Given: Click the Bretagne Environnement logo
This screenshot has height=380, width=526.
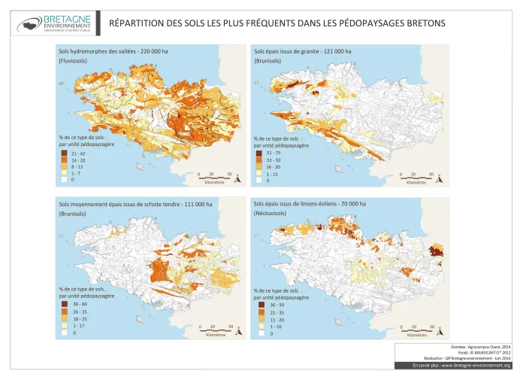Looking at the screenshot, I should point(52,23).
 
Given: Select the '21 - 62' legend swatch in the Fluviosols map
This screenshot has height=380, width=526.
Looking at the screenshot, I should point(63,153).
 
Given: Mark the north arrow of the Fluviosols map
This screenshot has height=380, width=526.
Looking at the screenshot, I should point(237,177).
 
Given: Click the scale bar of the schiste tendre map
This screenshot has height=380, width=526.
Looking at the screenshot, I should point(215,330).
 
